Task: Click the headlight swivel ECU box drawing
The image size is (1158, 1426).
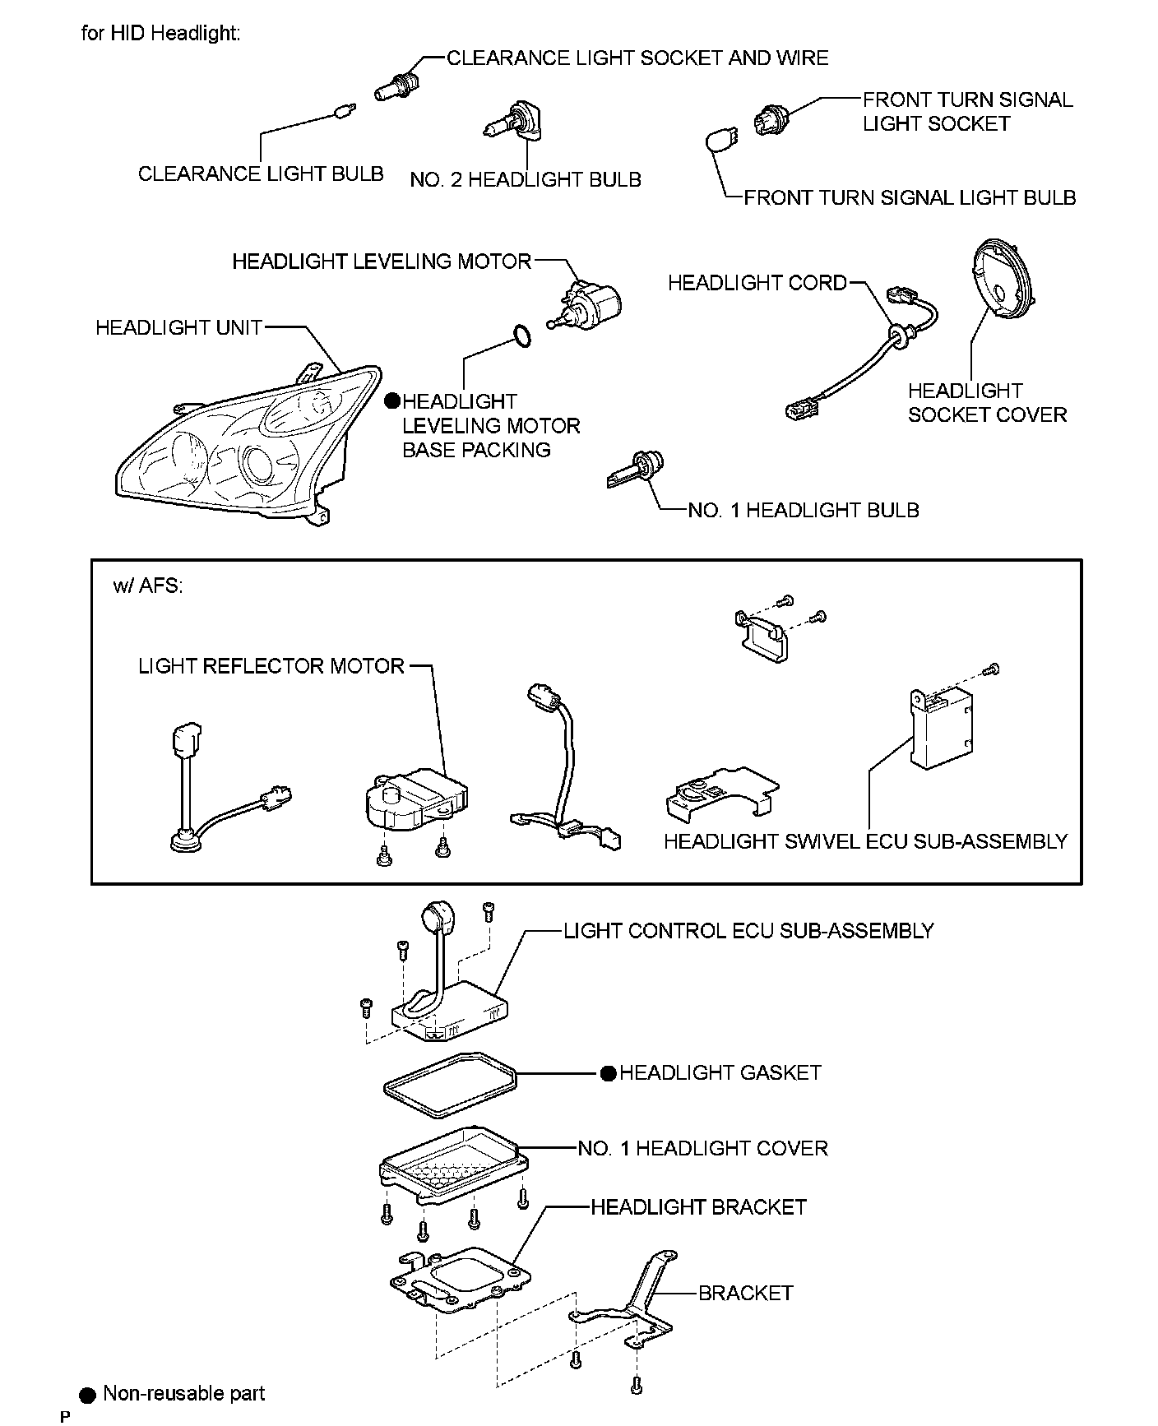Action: pos(940,725)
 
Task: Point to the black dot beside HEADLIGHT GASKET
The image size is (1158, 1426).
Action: pos(608,1073)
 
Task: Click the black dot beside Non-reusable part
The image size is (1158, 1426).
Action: pos(88,1394)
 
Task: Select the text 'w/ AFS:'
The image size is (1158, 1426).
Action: pos(148,586)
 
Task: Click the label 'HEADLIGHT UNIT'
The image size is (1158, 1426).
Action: pos(178,327)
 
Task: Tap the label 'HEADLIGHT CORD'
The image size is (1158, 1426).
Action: pos(757,283)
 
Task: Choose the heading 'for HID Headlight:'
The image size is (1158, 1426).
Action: pos(160,33)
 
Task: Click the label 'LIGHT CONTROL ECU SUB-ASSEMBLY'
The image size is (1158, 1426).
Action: pos(748,931)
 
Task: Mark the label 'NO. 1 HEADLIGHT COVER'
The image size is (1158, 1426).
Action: pos(702,1148)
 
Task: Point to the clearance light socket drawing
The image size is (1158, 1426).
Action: pos(396,85)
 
